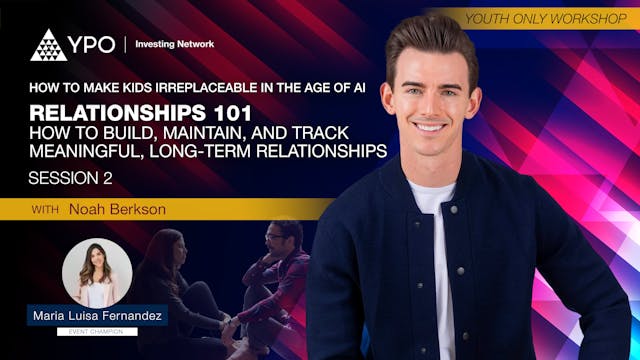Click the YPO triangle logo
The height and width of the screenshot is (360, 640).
click(48, 45)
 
